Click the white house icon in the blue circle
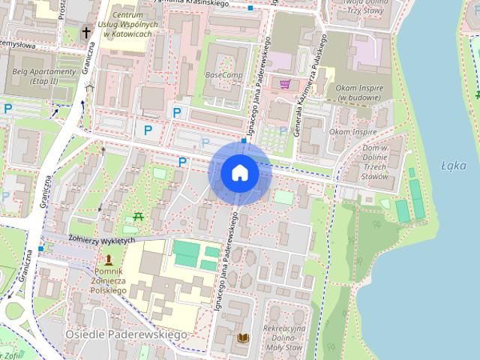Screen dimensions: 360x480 click(240, 172)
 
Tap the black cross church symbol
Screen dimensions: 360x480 click(86, 33)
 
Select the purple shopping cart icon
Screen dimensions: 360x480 click(285, 84)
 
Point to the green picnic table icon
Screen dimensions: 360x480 click(138, 217)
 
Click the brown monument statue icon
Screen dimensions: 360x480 click(109, 260)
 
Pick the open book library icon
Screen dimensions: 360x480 click(242, 338)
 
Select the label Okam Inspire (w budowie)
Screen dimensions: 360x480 click(355, 94)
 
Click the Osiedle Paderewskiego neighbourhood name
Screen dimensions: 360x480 click(125, 333)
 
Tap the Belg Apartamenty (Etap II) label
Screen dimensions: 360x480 click(43, 76)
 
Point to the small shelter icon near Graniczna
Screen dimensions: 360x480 click(90, 87)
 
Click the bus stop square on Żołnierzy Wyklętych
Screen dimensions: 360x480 click(40, 248)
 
